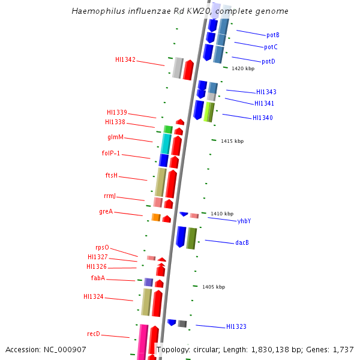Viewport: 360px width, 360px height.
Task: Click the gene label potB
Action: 273,35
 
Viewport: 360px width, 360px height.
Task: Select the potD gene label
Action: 268,62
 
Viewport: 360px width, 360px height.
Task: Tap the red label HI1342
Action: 125,60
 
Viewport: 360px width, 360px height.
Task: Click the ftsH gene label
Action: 112,176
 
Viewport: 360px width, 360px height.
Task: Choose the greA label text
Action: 106,212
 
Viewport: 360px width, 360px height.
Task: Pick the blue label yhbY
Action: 244,221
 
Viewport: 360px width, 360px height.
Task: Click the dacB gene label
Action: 242,243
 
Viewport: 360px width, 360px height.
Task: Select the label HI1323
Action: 236,327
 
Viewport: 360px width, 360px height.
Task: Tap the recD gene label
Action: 94,334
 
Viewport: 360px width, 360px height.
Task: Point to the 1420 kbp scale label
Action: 243,69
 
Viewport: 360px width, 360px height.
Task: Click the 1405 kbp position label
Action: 214,287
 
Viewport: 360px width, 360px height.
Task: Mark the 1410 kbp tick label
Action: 222,214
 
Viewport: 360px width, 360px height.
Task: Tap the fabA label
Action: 98,278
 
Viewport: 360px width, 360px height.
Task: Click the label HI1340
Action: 262,118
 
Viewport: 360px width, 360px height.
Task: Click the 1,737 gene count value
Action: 343,349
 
